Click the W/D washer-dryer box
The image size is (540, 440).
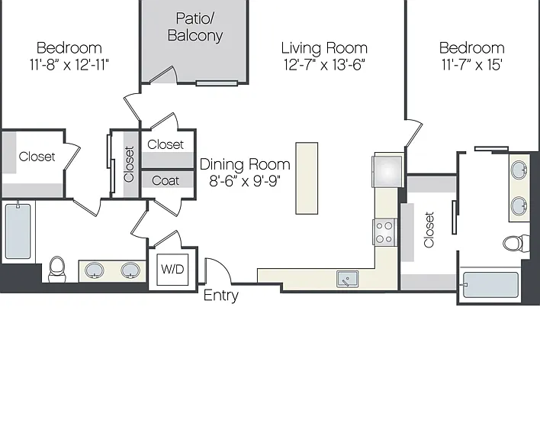(172, 270)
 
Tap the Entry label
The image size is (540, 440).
(220, 296)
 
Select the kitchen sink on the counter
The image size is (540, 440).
(348, 279)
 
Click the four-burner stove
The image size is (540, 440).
(384, 232)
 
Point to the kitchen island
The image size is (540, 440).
(307, 178)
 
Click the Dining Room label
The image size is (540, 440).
(245, 164)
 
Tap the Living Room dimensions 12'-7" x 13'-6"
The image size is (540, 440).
(324, 64)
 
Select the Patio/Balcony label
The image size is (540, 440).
(195, 27)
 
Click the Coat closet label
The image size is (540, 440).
(166, 180)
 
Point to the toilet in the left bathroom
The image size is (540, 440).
(57, 269)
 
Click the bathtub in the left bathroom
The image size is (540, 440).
(18, 231)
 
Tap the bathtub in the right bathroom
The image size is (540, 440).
(490, 285)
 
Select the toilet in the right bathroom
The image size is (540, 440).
(516, 243)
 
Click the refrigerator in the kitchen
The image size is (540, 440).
(387, 171)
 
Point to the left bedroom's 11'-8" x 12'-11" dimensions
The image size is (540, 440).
(69, 64)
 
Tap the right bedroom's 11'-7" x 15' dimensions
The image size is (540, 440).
(472, 64)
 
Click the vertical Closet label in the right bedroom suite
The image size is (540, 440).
(429, 230)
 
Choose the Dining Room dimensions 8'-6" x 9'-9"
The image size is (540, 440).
(245, 181)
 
